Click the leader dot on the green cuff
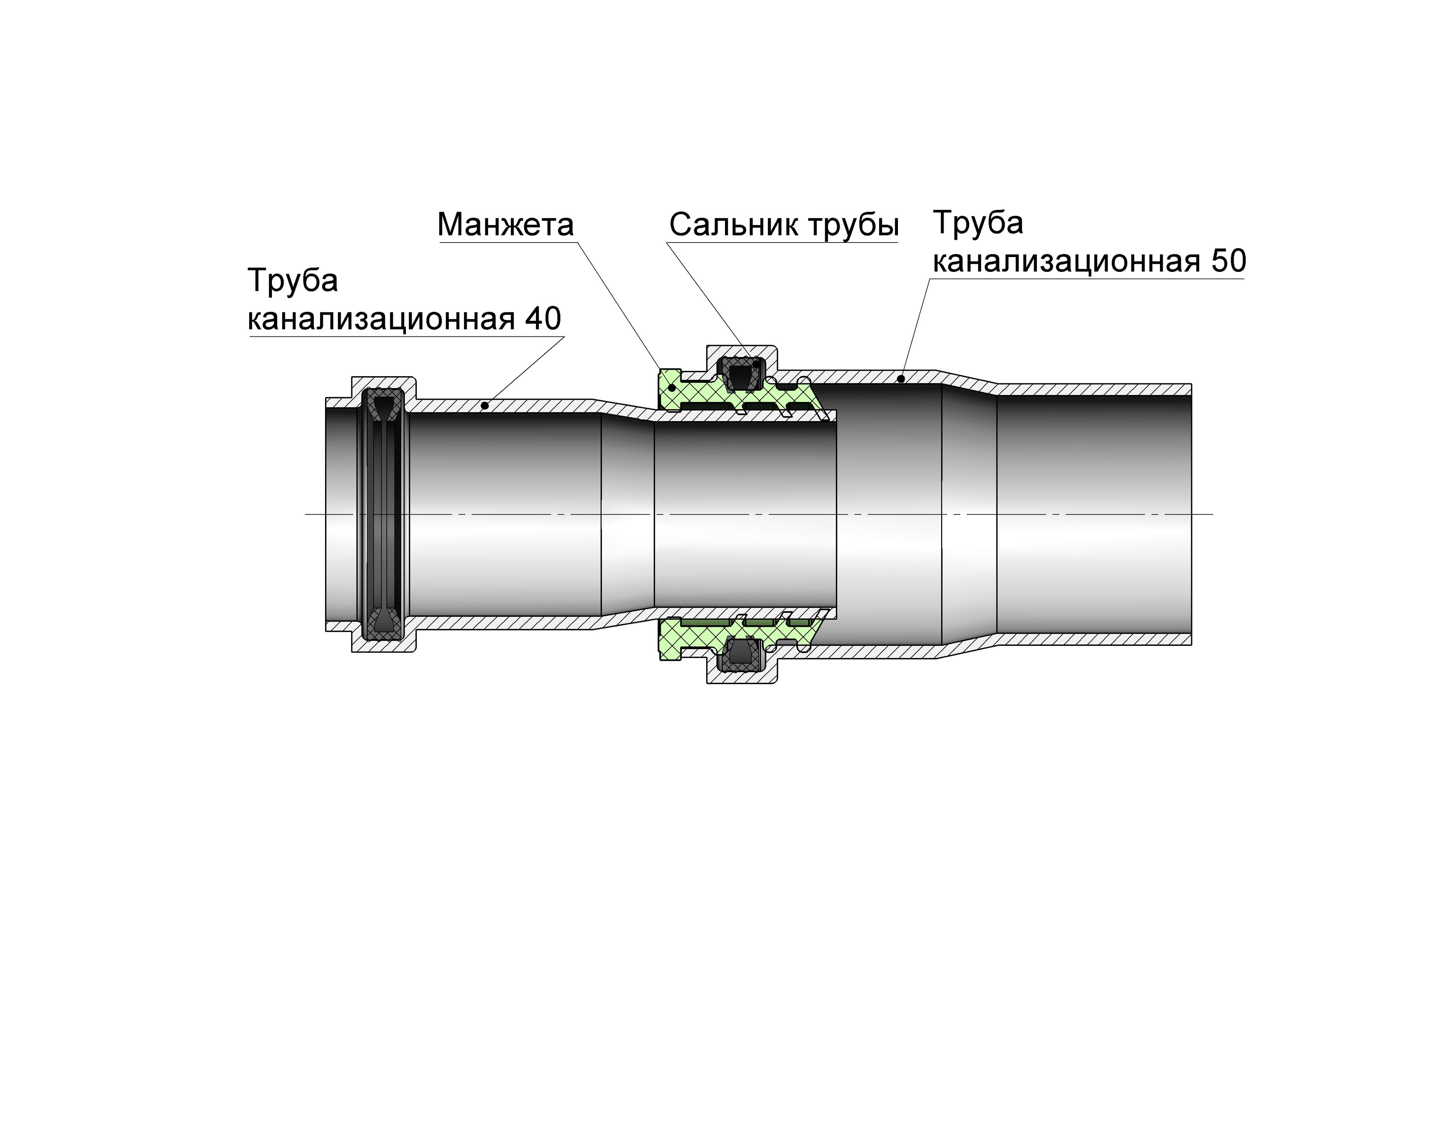[x=672, y=387]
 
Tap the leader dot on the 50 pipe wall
[x=900, y=379]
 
